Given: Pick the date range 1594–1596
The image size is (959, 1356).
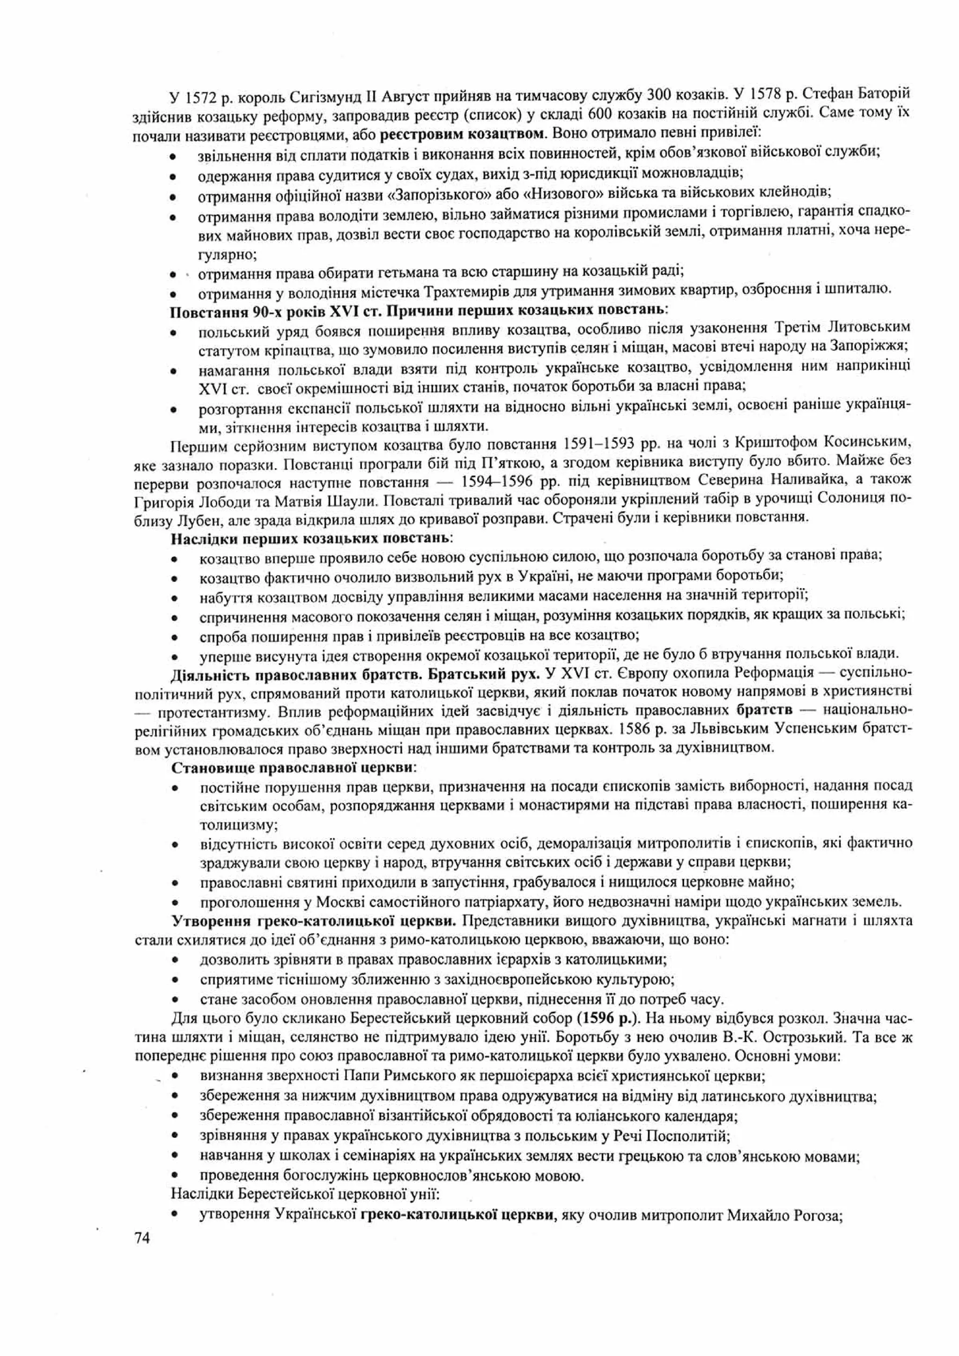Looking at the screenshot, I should pyautogui.click(x=497, y=479).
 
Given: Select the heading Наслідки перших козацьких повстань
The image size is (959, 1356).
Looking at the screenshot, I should pyautogui.click(x=312, y=538).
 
